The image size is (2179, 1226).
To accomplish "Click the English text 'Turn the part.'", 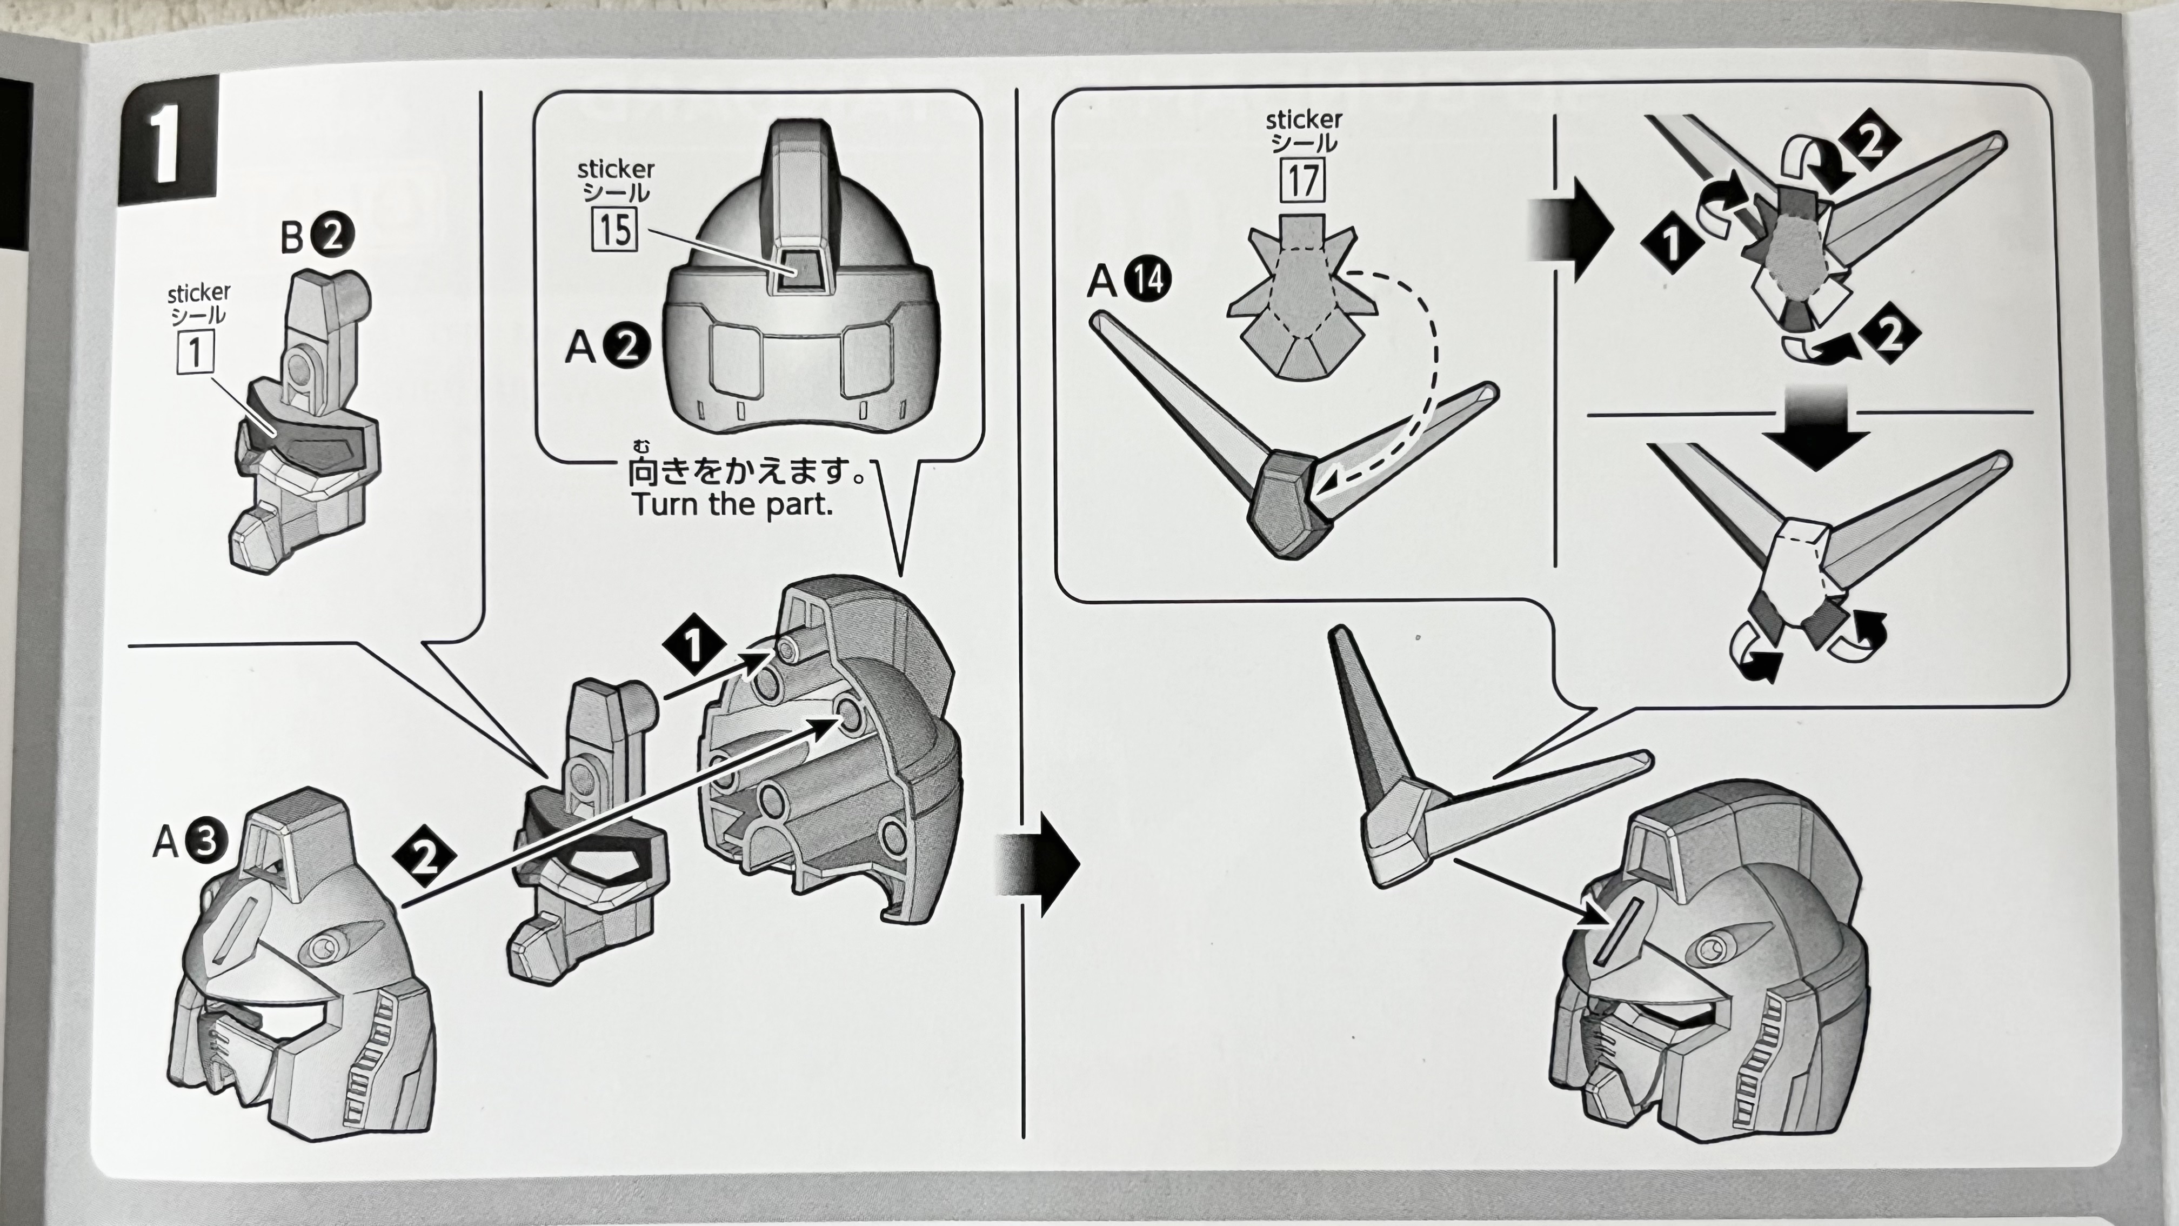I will (x=732, y=505).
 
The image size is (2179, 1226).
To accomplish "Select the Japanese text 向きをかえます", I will (x=744, y=472).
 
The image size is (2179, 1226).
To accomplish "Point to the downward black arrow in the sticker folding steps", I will (x=1816, y=427).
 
